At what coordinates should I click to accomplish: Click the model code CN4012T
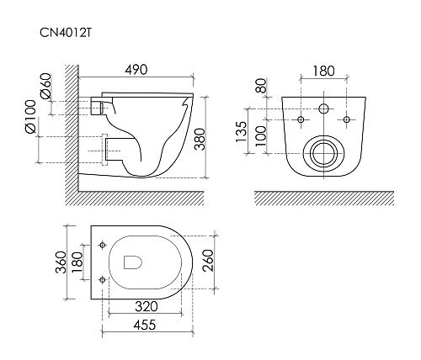[66, 32]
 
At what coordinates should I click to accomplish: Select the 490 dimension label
[136, 70]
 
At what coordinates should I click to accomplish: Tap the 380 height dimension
[200, 139]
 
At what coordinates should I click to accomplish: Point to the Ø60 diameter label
[46, 86]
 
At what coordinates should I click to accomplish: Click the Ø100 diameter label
[30, 116]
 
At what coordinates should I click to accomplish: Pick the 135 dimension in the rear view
[241, 132]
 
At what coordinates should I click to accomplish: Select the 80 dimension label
[261, 86]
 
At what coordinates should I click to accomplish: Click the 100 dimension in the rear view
[261, 136]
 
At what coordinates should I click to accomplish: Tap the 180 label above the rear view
[323, 71]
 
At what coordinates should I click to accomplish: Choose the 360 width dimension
[61, 262]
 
